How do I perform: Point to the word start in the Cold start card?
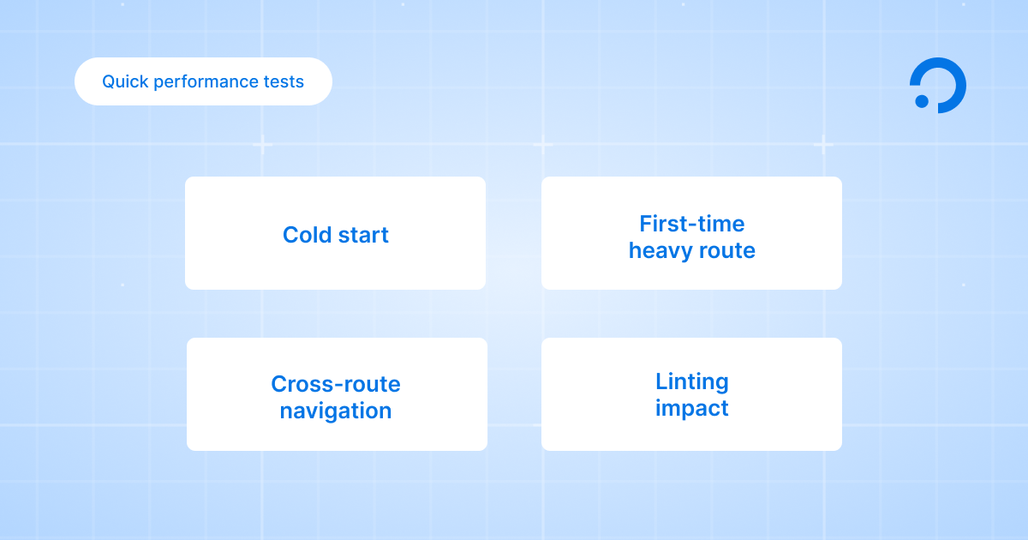[x=363, y=235]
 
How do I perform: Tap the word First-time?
[x=692, y=224]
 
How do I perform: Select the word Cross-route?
[x=336, y=384]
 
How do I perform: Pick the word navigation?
[x=336, y=411]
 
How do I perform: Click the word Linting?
[x=692, y=381]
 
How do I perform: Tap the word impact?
[x=692, y=408]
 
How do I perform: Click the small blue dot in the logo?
[x=922, y=101]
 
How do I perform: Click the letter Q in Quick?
[x=109, y=81]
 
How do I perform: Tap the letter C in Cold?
[x=290, y=235]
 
